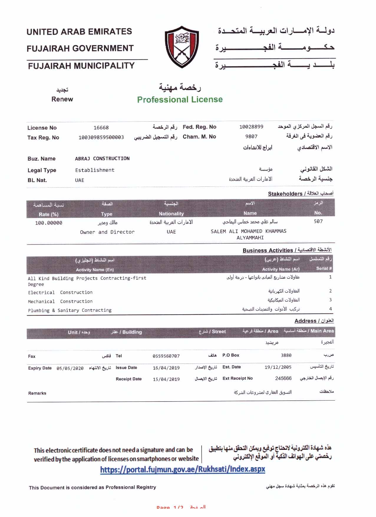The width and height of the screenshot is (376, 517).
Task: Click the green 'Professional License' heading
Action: [x=180, y=100]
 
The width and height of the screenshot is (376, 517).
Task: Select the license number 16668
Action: [x=101, y=128]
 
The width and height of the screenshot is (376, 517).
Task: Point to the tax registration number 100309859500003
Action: [x=101, y=137]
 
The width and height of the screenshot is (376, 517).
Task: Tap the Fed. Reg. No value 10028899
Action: [x=251, y=127]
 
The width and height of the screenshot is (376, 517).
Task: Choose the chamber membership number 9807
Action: [x=251, y=136]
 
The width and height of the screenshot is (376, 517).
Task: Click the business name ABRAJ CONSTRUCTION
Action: [x=102, y=158]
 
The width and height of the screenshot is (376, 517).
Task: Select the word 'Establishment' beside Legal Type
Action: [x=95, y=170]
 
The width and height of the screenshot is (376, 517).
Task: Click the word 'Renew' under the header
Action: [x=62, y=99]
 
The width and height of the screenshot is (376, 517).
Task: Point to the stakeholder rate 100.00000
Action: [x=49, y=223]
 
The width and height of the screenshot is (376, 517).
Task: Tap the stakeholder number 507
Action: [x=318, y=221]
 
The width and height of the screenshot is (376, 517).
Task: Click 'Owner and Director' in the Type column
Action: [x=107, y=232]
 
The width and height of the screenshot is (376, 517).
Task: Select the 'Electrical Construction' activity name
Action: [x=60, y=293]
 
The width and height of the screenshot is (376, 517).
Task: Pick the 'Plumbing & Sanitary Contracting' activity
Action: [x=70, y=310]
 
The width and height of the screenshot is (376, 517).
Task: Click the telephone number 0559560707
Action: [x=166, y=356]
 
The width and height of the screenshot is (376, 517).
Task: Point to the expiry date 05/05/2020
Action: [x=70, y=368]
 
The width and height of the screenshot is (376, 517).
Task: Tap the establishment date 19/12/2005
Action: [x=278, y=367]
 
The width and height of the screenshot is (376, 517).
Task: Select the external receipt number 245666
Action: [x=283, y=378]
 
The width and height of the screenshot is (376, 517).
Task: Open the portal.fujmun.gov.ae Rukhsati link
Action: [x=182, y=469]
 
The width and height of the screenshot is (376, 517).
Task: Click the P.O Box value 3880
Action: [x=286, y=355]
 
